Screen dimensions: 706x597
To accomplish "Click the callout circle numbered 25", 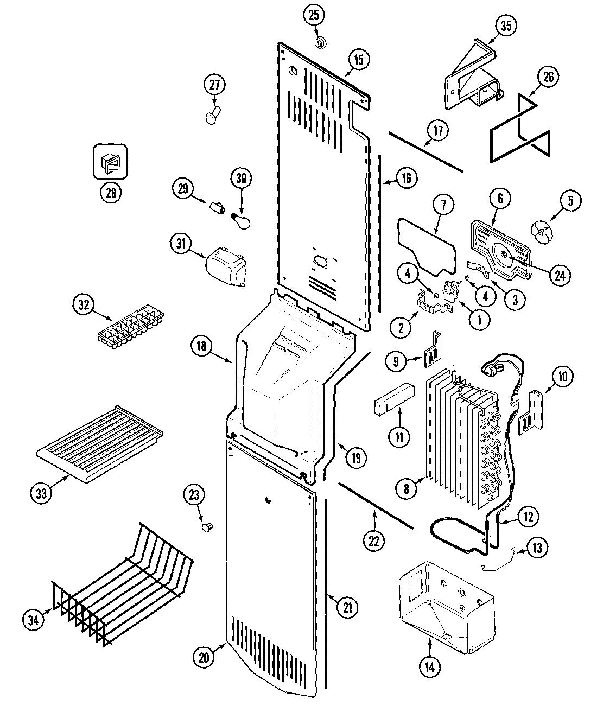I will click(x=314, y=15).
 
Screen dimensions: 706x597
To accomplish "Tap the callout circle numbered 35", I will click(x=506, y=25).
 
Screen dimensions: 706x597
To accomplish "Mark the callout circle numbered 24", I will click(x=560, y=275).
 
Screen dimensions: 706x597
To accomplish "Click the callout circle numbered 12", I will click(x=526, y=517).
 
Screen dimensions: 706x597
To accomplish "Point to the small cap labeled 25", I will click(x=320, y=41).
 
